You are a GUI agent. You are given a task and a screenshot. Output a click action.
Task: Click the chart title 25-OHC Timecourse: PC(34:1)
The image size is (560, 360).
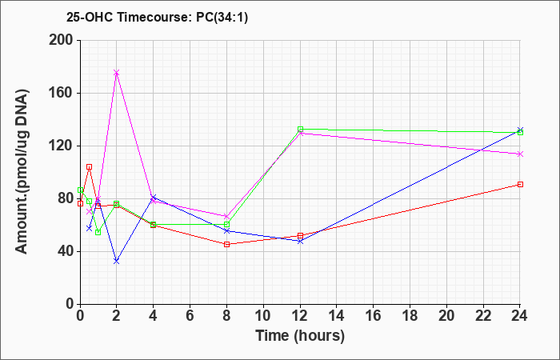pos(157,17)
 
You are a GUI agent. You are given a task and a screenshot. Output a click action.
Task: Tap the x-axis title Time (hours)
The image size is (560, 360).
pos(300,336)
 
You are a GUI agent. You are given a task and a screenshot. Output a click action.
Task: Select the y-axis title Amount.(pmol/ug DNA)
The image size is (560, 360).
pos(22,172)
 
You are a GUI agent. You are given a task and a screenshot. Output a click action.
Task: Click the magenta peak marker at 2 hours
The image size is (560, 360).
pos(116,73)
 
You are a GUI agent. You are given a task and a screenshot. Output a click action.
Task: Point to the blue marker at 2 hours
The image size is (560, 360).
pos(116,262)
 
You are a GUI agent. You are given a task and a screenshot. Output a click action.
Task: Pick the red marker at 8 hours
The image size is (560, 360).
pos(226,244)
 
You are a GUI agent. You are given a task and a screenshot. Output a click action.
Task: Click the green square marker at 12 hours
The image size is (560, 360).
pos(300,130)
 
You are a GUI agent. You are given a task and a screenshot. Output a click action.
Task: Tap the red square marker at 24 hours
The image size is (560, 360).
pos(520,184)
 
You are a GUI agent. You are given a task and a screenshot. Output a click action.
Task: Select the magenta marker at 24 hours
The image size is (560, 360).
pos(520,154)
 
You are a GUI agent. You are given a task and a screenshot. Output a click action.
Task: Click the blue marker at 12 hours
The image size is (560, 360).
pos(300,241)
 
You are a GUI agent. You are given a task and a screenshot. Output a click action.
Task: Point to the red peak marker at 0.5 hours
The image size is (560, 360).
pos(90,166)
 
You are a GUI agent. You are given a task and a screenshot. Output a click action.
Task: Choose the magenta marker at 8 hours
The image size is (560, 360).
pos(226,217)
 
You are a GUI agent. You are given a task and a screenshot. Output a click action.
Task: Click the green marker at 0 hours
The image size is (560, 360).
pos(80,190)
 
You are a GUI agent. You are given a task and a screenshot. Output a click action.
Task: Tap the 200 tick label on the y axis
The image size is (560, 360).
pos(61,40)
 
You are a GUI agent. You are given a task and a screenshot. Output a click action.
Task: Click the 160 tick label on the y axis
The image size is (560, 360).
pos(61,94)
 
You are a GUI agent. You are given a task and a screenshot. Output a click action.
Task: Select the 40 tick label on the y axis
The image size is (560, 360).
pos(65,251)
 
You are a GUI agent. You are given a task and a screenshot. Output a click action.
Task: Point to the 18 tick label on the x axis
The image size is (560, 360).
pos(410,316)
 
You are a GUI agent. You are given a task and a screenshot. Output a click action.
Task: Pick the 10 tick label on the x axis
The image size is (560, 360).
pos(263,316)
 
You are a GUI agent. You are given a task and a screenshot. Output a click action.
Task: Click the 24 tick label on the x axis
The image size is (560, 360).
pos(519,316)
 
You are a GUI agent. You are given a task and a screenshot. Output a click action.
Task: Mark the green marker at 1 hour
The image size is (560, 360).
pos(98,232)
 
